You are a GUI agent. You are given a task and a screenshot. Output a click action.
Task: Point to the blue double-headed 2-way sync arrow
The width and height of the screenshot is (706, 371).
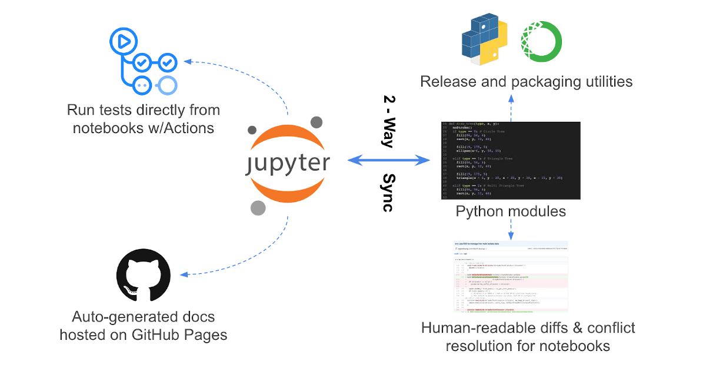point(389,160)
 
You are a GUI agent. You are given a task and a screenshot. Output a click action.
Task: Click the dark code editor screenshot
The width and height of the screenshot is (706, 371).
point(511,160)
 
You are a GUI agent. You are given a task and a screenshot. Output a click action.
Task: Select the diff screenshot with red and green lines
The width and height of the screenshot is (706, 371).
point(511,276)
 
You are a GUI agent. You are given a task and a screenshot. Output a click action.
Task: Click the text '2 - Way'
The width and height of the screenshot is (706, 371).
point(389,121)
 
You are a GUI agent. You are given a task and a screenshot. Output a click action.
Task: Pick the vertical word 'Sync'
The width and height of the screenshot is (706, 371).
point(389,192)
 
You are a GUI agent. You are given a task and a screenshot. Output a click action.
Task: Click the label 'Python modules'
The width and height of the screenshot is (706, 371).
point(511,211)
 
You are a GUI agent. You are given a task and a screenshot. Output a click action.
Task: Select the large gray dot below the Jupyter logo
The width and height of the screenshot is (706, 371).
point(258,208)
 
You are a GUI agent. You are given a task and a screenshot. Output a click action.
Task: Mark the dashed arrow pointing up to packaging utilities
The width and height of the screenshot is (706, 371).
point(511,106)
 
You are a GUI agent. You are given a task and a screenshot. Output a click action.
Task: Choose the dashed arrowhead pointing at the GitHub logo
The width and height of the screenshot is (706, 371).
point(184,275)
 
